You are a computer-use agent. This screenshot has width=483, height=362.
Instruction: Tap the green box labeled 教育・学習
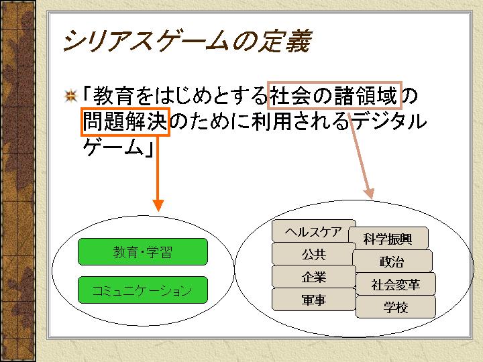[143, 252]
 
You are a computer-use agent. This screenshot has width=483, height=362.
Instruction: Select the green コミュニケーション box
[143, 290]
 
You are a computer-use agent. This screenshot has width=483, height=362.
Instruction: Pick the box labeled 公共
[313, 254]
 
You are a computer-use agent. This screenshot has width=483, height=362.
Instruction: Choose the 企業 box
[313, 277]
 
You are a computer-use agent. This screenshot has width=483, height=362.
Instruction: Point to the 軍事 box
[313, 300]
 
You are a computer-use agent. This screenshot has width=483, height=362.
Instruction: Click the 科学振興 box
[388, 238]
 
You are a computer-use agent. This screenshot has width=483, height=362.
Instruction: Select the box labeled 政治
[392, 261]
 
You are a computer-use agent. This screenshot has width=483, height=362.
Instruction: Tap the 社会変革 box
[395, 284]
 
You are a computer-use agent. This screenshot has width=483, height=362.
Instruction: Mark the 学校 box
[395, 307]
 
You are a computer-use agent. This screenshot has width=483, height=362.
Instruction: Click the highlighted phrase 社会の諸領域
[334, 96]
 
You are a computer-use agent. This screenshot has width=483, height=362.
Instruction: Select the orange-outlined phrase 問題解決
[125, 121]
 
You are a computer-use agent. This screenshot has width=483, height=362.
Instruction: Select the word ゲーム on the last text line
[111, 147]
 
